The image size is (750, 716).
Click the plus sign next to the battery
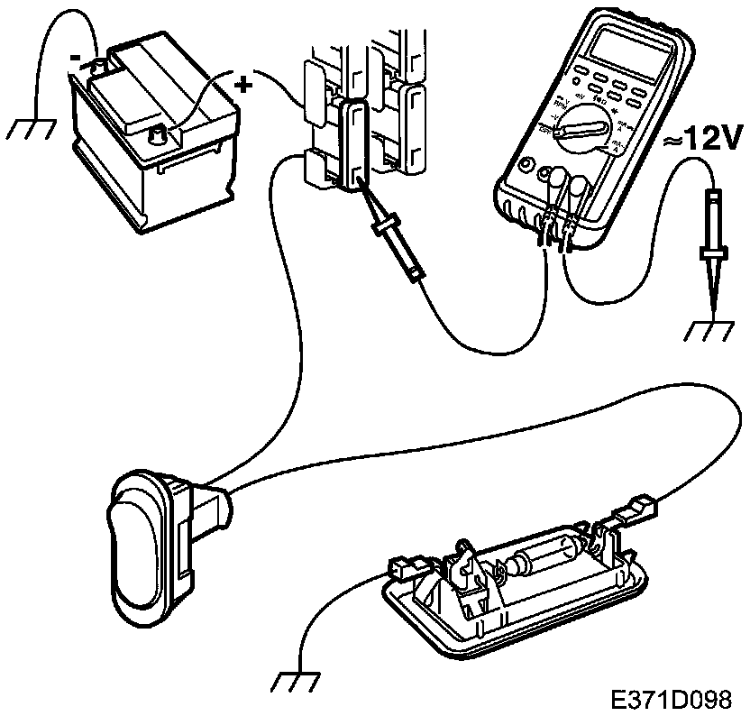(x=243, y=85)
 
